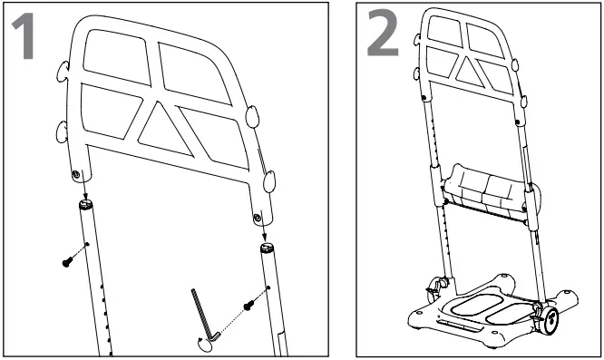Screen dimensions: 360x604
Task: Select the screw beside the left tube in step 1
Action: coord(67,260)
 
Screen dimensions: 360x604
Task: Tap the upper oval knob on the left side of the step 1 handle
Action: coord(61,71)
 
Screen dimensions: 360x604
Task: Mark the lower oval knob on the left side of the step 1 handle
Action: coord(62,132)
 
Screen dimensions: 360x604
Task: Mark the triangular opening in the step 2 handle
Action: coord(472,70)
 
